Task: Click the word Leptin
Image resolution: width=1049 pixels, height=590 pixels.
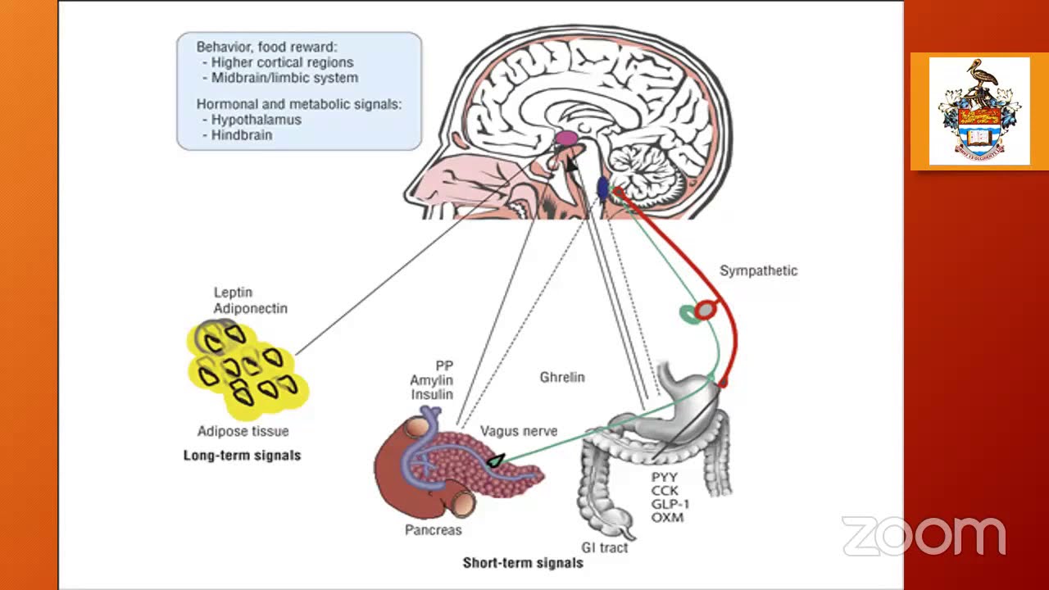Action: coord(233,293)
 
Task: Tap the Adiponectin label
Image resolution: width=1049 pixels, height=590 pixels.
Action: coord(250,309)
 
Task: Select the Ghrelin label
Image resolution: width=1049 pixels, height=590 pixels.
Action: coord(562,378)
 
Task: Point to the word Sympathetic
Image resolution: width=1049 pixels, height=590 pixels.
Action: coord(758,271)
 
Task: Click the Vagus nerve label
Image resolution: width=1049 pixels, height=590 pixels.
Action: coord(519,431)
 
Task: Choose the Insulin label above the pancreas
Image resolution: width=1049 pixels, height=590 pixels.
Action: coord(432,395)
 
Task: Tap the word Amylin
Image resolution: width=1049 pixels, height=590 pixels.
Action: coord(432,380)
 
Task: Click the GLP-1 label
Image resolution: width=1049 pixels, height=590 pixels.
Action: coord(670,504)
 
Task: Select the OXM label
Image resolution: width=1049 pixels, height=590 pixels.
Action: coord(667,518)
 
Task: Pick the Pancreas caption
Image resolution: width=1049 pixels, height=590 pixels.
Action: coord(434,530)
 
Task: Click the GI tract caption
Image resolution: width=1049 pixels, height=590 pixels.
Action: coord(604,547)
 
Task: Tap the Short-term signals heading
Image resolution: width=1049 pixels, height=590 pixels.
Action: coord(523,563)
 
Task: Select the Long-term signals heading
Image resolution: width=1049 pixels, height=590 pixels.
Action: coord(242,456)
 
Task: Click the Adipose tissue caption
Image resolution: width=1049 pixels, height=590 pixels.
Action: coord(243,432)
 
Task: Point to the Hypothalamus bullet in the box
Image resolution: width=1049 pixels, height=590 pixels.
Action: coord(256,120)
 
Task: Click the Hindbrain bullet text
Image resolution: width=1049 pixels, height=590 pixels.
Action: coord(241,135)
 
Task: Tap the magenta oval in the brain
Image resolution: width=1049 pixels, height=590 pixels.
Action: coord(565,138)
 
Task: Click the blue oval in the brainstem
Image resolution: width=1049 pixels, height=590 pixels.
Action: coord(602,188)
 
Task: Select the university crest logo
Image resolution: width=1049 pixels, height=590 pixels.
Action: coord(979,111)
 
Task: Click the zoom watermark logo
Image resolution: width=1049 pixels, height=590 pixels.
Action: coord(924,536)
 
